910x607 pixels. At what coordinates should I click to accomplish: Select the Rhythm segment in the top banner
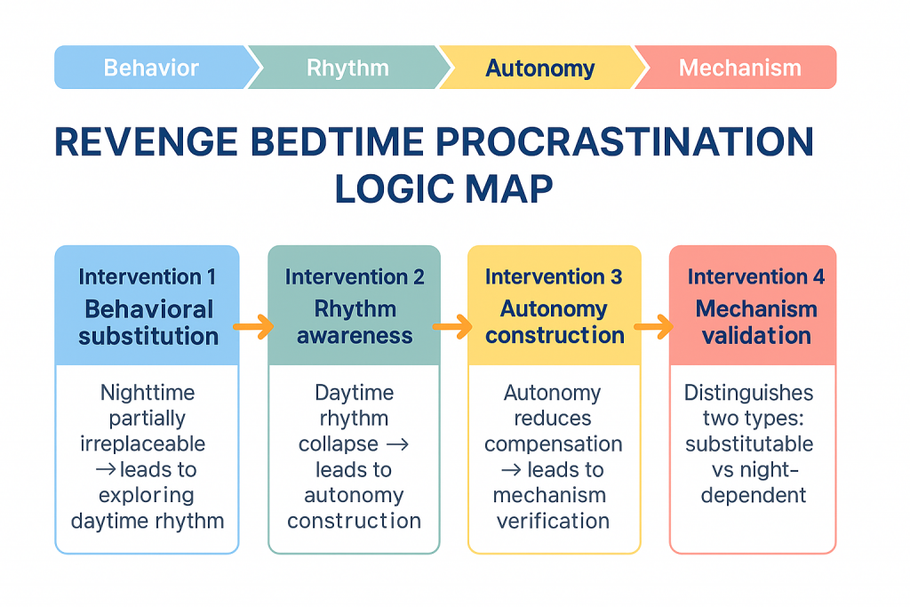pos(348,68)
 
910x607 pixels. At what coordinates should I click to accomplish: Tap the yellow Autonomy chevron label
pos(540,68)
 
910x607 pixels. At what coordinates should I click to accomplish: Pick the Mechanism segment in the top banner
pos(737,68)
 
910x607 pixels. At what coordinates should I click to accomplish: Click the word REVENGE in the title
pos(147,141)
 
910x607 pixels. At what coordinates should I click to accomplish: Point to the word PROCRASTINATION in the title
pos(625,141)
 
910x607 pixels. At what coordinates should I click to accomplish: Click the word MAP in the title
pos(509,189)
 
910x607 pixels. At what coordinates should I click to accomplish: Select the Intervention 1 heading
pos(148,276)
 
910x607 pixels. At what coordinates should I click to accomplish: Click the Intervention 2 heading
pos(355,276)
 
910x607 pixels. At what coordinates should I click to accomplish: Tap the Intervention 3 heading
pos(554,276)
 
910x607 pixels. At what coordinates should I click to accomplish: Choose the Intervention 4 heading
pos(756,276)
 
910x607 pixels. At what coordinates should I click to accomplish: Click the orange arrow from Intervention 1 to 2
pos(253,327)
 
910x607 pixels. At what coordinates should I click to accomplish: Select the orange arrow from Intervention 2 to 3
pos(452,327)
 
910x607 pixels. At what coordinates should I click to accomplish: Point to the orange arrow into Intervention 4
pos(654,327)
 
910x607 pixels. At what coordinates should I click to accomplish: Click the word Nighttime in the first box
pos(148,393)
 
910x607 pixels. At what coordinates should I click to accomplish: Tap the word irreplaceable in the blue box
pos(143,444)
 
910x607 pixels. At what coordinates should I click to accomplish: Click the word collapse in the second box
pos(339,444)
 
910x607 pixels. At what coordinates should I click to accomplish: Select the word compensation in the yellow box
pos(554,444)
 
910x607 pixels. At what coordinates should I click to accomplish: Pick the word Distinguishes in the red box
pos(748,393)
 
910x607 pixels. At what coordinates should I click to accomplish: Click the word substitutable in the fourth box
pos(749,444)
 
